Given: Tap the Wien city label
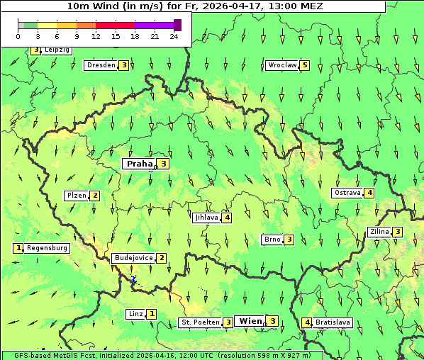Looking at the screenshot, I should (250, 321).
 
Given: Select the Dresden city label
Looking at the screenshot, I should (100, 65).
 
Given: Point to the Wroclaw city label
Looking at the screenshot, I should (282, 65).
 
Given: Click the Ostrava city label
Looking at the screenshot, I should (347, 193).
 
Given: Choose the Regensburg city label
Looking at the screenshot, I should (48, 248).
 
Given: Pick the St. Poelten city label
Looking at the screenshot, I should (200, 322).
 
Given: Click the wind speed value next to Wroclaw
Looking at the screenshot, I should (305, 65).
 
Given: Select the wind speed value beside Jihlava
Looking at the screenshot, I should (227, 218).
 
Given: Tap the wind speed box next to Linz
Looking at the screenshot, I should (152, 313).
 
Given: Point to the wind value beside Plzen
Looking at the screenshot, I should (94, 196).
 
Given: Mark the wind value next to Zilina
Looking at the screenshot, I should (398, 232).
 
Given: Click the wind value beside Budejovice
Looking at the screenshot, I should (162, 258).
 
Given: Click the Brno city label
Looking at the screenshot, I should (272, 240).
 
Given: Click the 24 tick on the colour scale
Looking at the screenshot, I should (174, 36).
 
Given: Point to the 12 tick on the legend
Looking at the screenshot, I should (96, 36).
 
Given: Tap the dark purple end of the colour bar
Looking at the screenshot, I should (177, 25).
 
